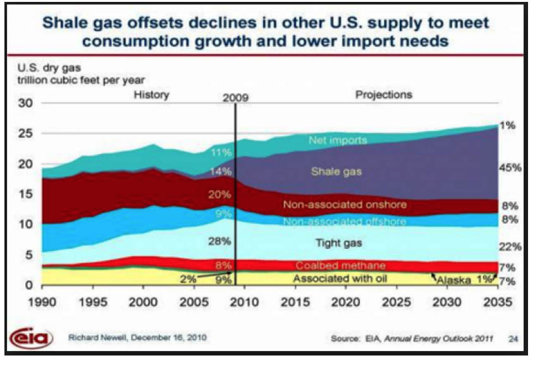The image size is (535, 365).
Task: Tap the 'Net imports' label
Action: [338, 140]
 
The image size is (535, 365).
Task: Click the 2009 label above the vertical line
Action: [236, 98]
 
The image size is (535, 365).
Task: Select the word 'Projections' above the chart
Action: [384, 94]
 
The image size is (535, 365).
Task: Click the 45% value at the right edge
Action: [510, 168]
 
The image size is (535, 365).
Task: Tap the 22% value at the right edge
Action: [510, 247]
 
